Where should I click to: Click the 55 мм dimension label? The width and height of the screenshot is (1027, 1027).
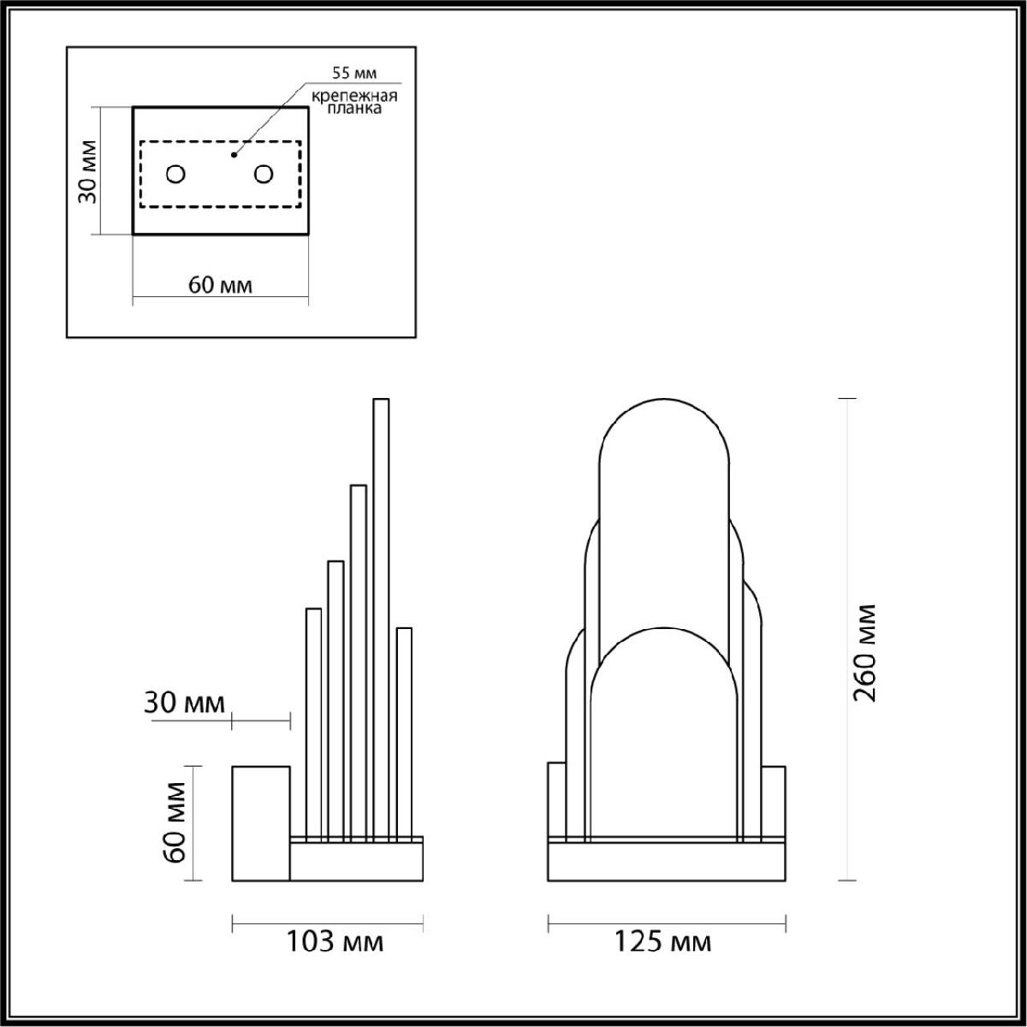[x=353, y=72]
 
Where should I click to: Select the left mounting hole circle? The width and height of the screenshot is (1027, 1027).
[x=175, y=174]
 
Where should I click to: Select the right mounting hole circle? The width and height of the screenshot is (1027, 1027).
[x=264, y=174]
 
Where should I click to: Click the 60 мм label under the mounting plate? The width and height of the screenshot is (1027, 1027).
[x=220, y=285]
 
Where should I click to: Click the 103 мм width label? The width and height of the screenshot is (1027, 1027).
[x=334, y=942]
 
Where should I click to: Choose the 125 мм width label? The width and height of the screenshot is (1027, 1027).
[x=662, y=942]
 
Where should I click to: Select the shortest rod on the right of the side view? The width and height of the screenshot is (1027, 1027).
[x=405, y=727]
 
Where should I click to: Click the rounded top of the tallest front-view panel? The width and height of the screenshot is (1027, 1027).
[x=665, y=428]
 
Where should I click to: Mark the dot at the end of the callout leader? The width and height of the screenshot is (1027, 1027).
[x=233, y=156]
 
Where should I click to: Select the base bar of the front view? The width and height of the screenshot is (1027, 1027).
[x=667, y=862]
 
